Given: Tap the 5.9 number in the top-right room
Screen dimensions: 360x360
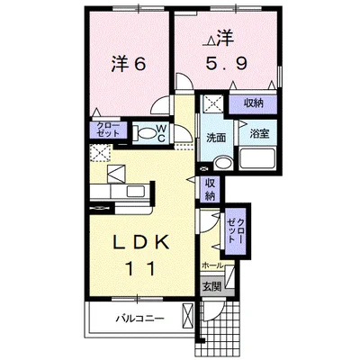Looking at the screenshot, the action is [x=227, y=64].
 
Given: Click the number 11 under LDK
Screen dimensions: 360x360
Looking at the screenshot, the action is [x=141, y=268].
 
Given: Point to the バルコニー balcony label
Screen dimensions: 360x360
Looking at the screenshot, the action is [x=140, y=319].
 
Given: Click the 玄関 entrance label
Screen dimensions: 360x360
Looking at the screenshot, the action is [x=211, y=287].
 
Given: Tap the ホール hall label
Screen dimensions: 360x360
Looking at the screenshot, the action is [x=213, y=265].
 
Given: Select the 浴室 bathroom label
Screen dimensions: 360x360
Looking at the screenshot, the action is [x=259, y=134].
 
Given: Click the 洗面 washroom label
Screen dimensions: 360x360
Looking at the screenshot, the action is [x=216, y=138].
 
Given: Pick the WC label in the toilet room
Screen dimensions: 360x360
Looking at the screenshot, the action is [x=161, y=133].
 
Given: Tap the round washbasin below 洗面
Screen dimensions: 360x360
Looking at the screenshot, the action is [x=223, y=163].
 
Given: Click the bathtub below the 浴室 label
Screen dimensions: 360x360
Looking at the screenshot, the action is [x=257, y=158].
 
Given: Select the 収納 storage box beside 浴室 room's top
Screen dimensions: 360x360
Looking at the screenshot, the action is [x=253, y=104].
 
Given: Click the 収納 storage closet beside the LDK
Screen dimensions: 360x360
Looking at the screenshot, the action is [x=210, y=189].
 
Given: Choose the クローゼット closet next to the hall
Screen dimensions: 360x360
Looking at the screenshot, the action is [x=236, y=231].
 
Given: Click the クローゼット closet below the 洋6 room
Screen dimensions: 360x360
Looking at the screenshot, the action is [x=108, y=130].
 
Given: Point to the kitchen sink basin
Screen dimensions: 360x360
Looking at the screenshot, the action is [x=135, y=191].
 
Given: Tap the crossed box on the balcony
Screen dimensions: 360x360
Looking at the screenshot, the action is [x=188, y=316].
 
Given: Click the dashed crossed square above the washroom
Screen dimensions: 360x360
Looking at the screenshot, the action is [x=212, y=103].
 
